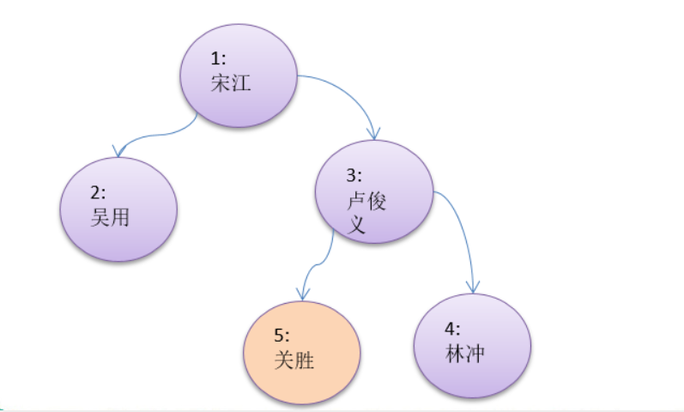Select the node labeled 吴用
118,209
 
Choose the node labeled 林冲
473,345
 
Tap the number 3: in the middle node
354,176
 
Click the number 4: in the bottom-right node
453,330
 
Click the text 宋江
229,84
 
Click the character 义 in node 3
355,226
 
